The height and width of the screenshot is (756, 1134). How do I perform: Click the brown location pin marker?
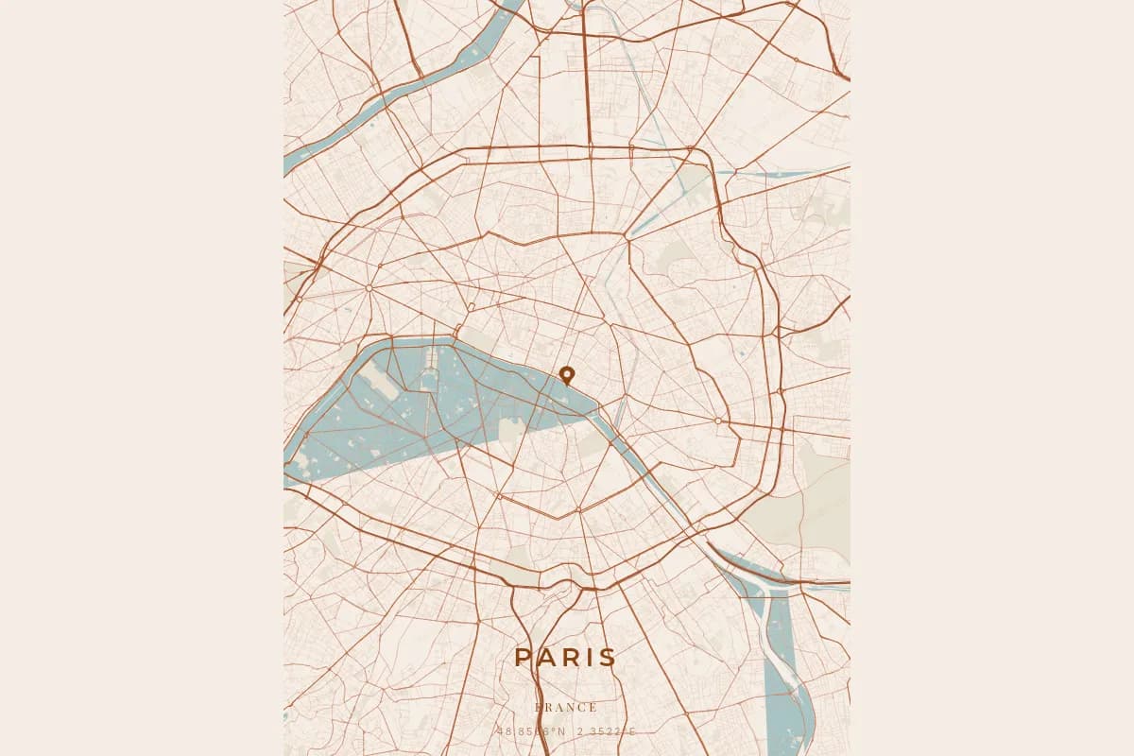pos(567,374)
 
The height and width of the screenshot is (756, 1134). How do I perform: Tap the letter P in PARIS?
pos(524,659)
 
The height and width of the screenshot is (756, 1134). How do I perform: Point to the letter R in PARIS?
pos(570,659)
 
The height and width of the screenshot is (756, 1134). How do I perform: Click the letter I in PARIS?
pos(589,659)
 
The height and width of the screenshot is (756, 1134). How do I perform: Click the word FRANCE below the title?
pos(566,707)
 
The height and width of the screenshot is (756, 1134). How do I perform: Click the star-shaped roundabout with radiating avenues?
pos(369,286)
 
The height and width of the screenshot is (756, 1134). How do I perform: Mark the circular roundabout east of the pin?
pos(718,421)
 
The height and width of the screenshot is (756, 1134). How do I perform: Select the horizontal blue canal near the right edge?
pos(784,173)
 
